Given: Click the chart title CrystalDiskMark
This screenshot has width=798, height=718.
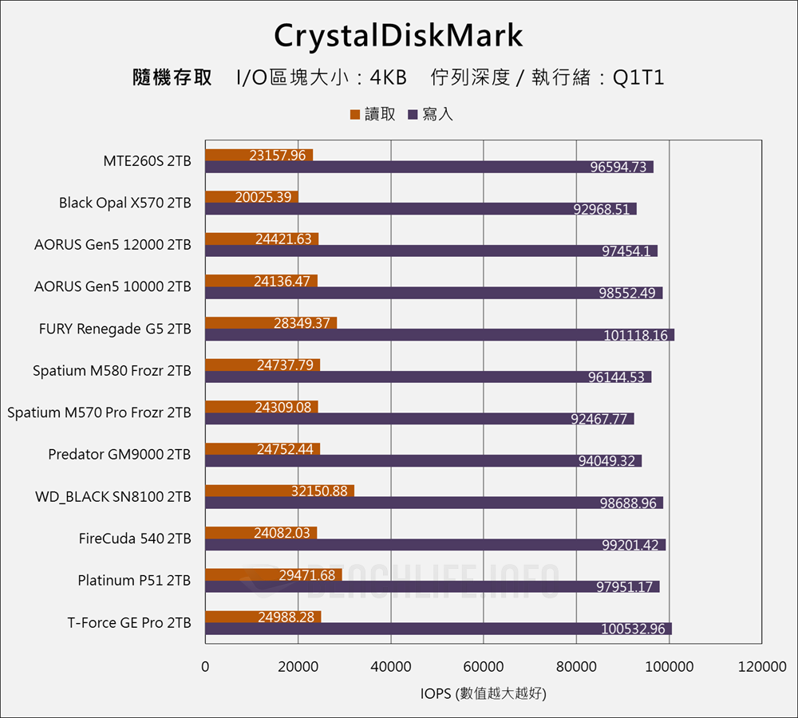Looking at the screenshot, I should (x=398, y=36).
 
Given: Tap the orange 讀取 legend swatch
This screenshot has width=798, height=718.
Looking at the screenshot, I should (x=355, y=115).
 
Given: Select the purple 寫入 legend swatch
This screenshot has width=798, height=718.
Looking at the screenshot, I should (x=413, y=115).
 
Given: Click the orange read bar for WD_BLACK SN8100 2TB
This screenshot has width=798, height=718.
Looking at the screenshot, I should (x=279, y=491).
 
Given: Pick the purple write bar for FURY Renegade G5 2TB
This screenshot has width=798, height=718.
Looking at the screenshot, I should (x=439, y=335).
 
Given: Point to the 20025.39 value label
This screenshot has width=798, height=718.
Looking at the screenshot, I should (x=263, y=197).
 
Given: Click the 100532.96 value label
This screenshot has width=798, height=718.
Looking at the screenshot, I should (x=633, y=629).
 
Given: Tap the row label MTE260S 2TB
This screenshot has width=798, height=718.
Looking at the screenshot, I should (x=147, y=161).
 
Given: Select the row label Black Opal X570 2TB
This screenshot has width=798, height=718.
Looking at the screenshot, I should (x=124, y=203).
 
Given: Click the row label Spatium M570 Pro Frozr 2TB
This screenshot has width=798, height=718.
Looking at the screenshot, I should (x=99, y=412).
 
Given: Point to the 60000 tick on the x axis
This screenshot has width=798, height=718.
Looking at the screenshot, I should (x=484, y=668).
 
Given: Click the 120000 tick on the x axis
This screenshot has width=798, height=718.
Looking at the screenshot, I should (x=762, y=668).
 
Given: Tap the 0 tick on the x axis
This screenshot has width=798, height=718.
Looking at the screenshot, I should (x=205, y=668).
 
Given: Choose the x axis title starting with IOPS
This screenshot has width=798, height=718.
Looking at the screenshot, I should (x=483, y=694).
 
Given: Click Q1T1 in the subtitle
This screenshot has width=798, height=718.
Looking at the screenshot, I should (x=638, y=78).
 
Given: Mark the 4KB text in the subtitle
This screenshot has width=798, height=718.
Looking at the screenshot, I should (x=389, y=78).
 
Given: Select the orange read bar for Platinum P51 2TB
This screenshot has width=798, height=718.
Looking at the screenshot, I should (x=273, y=574).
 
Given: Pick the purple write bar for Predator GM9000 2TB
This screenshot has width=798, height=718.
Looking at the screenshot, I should (x=423, y=461).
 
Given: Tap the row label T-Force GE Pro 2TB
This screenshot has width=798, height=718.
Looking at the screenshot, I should (x=129, y=623).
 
